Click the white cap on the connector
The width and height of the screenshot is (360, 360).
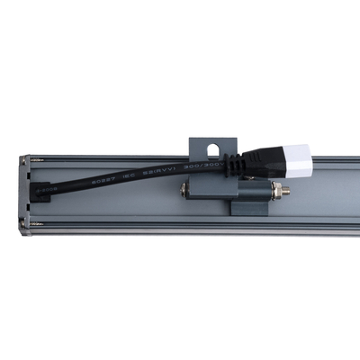pos(299,163)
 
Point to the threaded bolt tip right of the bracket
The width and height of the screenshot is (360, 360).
pos(283,192)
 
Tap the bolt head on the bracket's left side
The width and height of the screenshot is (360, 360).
pos(186,191)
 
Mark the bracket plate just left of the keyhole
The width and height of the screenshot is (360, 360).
pos(197,147)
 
